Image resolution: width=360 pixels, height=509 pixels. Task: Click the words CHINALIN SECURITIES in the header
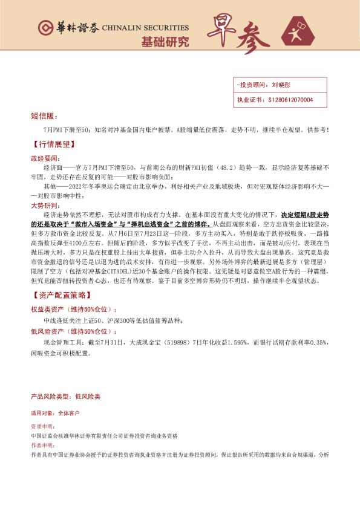click(145, 28)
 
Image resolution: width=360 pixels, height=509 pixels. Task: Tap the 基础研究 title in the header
click(165, 42)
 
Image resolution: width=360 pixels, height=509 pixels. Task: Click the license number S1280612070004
click(290, 99)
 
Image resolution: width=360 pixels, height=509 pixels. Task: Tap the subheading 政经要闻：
click(46, 157)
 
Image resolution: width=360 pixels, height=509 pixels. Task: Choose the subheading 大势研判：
click(46, 206)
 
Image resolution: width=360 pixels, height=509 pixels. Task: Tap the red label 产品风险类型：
click(51, 397)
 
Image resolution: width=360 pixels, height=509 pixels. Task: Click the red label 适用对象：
click(43, 413)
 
